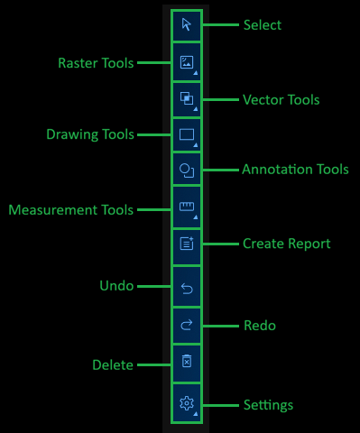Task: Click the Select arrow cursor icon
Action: [x=187, y=25]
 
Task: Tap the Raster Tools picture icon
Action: [x=187, y=63]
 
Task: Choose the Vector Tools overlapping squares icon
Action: [x=187, y=98]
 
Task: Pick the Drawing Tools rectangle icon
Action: [x=187, y=135]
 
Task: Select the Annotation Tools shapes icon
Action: [x=187, y=170]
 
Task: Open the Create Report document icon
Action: [x=187, y=244]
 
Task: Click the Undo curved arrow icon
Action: [x=187, y=288]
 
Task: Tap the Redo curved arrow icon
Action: [x=187, y=325]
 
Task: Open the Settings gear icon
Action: [x=187, y=404]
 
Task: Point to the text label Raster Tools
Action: [x=96, y=63]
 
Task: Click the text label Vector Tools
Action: [x=281, y=99]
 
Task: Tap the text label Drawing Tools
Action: [x=90, y=135]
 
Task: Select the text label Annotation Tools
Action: [x=295, y=170]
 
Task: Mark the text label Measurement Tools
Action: [x=71, y=210]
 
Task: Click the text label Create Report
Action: [x=286, y=244]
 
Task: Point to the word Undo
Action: [x=116, y=286]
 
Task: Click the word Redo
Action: [x=260, y=325]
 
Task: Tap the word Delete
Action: [x=113, y=365]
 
